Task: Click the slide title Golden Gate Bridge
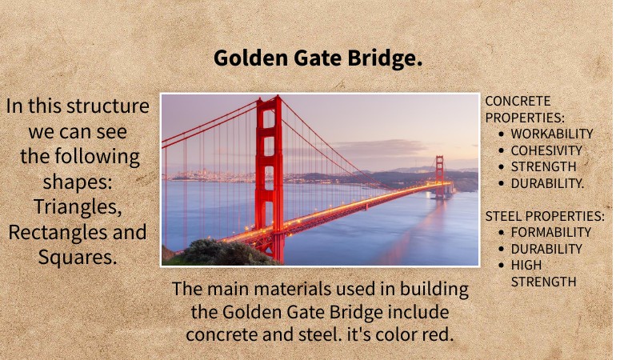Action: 318,58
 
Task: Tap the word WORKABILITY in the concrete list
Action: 552,134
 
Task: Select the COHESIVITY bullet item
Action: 546,150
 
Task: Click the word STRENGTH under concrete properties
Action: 543,166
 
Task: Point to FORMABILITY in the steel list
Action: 551,233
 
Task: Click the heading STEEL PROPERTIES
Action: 545,216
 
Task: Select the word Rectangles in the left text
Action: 53,232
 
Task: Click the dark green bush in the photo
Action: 212,253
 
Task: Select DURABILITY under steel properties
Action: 546,249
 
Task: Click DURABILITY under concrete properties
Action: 548,183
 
